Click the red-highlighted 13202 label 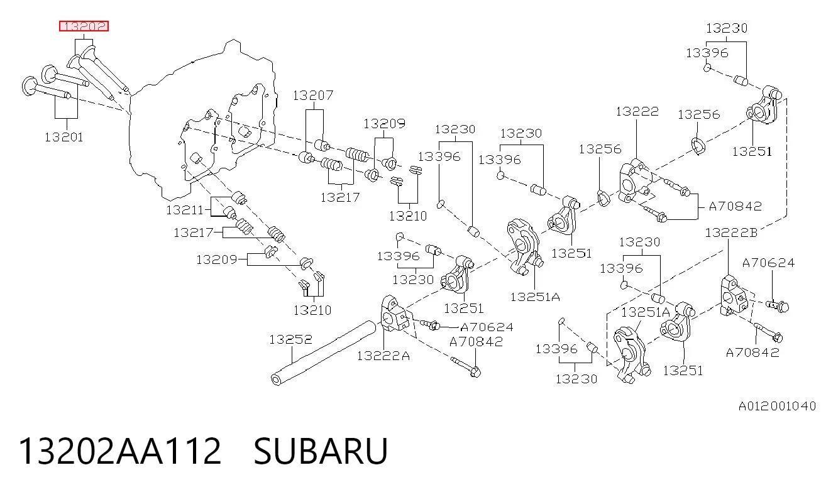(x=84, y=26)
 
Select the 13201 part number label (x=64, y=138)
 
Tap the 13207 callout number (x=313, y=96)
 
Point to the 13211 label (x=185, y=210)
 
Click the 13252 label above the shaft (x=290, y=339)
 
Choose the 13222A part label (x=383, y=356)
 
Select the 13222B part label (x=731, y=232)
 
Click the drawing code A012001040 (x=777, y=406)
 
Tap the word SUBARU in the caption (x=321, y=451)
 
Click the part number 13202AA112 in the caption (x=120, y=451)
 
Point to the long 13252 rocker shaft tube (x=323, y=353)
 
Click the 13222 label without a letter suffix (x=637, y=111)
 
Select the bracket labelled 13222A (x=394, y=314)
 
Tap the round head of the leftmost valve (x=29, y=86)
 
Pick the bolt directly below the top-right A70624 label (x=778, y=305)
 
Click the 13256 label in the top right (x=699, y=114)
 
